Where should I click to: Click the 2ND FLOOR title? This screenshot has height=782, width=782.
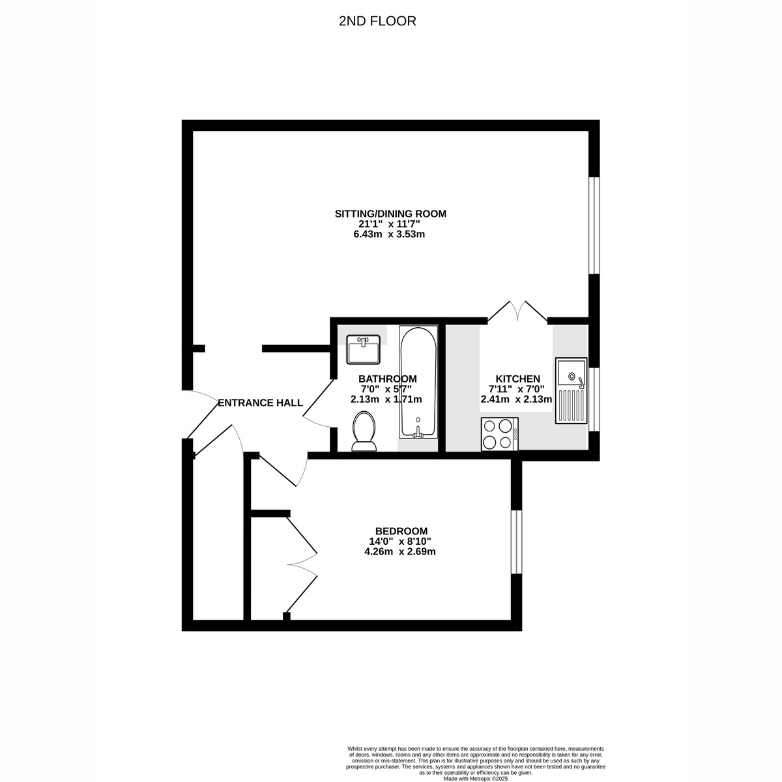(377, 22)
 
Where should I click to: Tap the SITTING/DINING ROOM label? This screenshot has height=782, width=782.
(390, 214)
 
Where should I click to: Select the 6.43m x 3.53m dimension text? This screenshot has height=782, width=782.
(389, 235)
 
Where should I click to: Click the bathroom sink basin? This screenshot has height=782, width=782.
(364, 350)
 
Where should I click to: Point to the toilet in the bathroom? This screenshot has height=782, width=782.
(364, 432)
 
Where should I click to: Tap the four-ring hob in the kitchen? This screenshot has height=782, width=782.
(499, 434)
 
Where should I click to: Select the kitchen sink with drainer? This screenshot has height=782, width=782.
(571, 390)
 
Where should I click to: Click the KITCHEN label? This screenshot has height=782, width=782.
(517, 379)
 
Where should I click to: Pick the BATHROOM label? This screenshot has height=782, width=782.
(387, 379)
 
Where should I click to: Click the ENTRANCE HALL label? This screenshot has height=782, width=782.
(260, 403)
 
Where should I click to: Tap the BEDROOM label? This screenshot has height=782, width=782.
(401, 531)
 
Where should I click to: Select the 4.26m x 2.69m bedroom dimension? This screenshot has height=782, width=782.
(399, 552)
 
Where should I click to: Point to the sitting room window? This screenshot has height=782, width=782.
(593, 225)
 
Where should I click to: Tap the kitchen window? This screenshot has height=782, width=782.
(593, 399)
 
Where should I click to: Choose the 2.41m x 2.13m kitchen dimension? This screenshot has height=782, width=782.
(516, 400)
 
